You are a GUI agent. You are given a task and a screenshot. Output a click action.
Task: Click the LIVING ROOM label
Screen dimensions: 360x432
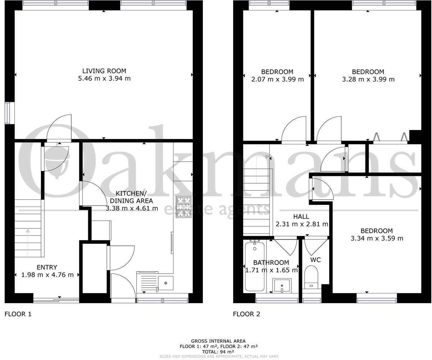click(104, 71)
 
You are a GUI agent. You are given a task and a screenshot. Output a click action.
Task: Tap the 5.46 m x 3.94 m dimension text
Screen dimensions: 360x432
click(104, 78)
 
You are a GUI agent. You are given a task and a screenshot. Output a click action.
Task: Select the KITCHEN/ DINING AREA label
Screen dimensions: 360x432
click(131, 197)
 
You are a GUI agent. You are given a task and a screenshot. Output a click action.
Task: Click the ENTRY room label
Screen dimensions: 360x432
click(47, 267)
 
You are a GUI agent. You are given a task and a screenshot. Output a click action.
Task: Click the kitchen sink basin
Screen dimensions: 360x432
click(166, 283)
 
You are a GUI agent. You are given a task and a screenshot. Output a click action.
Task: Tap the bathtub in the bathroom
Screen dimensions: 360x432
click(255, 266)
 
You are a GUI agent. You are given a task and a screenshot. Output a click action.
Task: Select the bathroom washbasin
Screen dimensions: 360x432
click(282, 285)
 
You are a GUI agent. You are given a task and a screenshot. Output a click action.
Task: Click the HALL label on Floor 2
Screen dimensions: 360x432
click(301, 217)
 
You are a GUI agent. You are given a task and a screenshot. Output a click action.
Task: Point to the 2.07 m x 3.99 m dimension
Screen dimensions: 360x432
click(277, 79)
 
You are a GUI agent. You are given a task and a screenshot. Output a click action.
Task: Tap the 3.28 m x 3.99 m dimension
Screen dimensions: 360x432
click(368, 79)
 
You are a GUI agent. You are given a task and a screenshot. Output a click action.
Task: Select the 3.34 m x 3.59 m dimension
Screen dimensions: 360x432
click(377, 238)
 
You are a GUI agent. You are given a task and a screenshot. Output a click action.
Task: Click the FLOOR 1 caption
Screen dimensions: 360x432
click(18, 314)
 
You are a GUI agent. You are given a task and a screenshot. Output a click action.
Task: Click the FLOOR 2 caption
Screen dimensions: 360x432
click(246, 314)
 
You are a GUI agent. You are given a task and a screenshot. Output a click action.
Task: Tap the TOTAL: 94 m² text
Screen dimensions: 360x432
click(218, 352)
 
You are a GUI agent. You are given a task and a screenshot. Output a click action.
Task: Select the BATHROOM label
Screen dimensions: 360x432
click(271, 262)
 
